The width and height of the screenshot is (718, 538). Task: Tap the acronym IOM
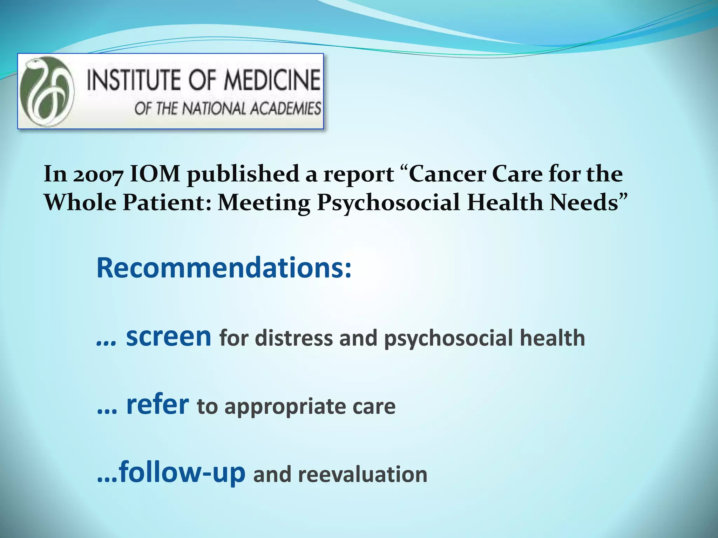coord(155,174)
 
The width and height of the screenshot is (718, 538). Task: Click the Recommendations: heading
coord(224,268)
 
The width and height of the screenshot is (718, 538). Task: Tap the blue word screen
coord(168,337)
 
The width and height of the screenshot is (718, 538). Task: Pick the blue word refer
coord(157,405)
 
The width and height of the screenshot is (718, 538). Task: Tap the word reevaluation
coord(363,474)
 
